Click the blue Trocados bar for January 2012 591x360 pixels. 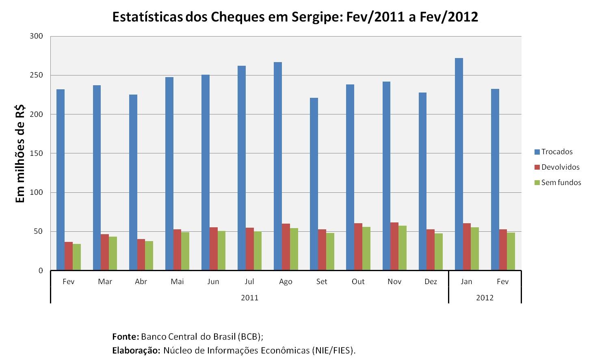459,164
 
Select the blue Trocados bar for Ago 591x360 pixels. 278,166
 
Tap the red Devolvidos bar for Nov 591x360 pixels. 394,246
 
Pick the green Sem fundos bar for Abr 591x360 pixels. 149,255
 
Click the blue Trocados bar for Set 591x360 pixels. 314,184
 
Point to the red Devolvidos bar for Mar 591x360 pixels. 105,252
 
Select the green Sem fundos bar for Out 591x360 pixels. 366,248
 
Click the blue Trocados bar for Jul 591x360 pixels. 242,168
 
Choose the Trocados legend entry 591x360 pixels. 553,152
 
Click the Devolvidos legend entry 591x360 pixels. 557,167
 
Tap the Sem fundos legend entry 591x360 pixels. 558,182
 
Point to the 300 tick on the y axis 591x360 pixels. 37,36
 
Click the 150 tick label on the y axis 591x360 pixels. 37,153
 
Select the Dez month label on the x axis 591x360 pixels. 431,282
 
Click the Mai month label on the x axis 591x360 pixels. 177,282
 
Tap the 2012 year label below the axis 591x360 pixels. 485,298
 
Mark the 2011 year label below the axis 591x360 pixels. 249,298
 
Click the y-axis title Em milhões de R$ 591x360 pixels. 20,153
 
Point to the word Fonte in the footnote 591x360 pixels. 126,336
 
